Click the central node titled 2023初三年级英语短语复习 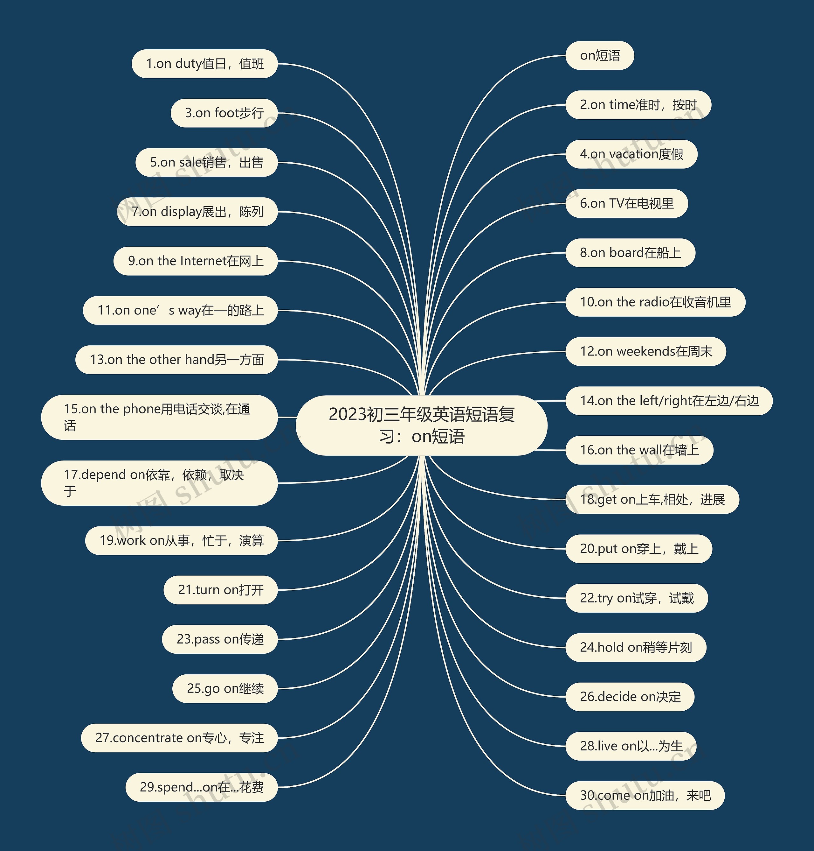421,425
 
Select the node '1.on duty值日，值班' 204,64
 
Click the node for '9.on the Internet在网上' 195,261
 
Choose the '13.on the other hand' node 176,360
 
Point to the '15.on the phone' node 159,417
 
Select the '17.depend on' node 159,483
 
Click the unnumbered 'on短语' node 600,56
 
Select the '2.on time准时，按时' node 638,105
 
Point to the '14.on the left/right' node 669,400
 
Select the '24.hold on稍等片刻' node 636,647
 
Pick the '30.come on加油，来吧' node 645,795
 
